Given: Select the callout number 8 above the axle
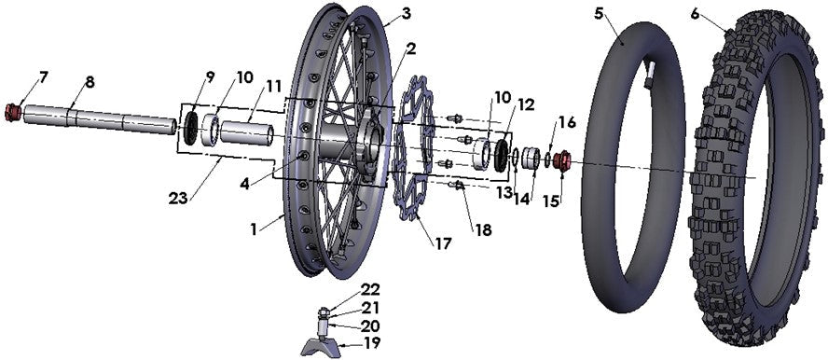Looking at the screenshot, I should coord(90,82).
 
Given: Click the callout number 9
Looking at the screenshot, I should coord(210,76).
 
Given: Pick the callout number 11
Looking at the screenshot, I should coord(273,87).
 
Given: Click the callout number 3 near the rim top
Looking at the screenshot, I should coord(380,13).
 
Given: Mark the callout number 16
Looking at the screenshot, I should coord(567,122).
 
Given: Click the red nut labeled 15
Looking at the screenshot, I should coord(563,160).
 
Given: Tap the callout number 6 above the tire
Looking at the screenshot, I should coord(696,13).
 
